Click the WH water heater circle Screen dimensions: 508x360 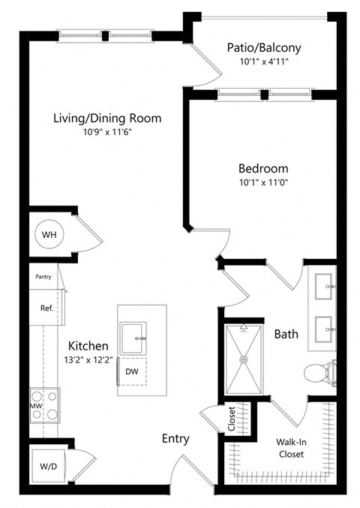pos(49,235)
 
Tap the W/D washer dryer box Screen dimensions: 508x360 pos(48,466)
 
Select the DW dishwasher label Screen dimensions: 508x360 pos(132,371)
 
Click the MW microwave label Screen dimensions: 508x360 pos(34,406)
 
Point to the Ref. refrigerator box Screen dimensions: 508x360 pos(46,308)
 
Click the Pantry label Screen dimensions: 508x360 pos(43,276)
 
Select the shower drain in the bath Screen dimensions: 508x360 pos(243,359)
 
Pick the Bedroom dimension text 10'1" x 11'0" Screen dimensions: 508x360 pos(263,182)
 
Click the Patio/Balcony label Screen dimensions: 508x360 pos(264,48)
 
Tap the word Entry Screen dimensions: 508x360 pos(175,439)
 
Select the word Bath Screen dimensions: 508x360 pos(287,333)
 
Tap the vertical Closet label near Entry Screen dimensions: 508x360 pos(232,419)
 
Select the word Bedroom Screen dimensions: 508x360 pos(263,169)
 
